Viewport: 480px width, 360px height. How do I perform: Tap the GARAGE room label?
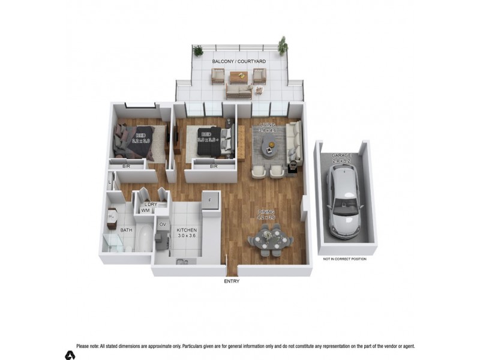(x=342, y=155)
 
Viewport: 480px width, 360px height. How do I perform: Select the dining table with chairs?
(x=271, y=241)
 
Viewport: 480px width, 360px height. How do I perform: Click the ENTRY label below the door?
(x=232, y=281)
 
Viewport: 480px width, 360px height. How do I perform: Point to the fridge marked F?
(x=210, y=201)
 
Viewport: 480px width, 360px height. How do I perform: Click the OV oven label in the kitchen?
(x=162, y=224)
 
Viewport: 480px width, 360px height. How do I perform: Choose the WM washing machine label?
(x=146, y=211)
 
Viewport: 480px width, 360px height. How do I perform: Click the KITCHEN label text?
(x=186, y=230)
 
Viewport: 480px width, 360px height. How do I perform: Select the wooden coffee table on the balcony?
(x=238, y=76)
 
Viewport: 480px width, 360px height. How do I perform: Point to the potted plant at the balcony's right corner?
(x=282, y=46)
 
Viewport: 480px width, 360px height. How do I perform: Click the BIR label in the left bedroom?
(x=127, y=166)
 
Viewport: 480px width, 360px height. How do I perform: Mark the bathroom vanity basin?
(x=112, y=214)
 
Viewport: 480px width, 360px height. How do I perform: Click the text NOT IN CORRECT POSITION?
(x=344, y=259)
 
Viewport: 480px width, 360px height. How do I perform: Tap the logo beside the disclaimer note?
(x=70, y=355)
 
